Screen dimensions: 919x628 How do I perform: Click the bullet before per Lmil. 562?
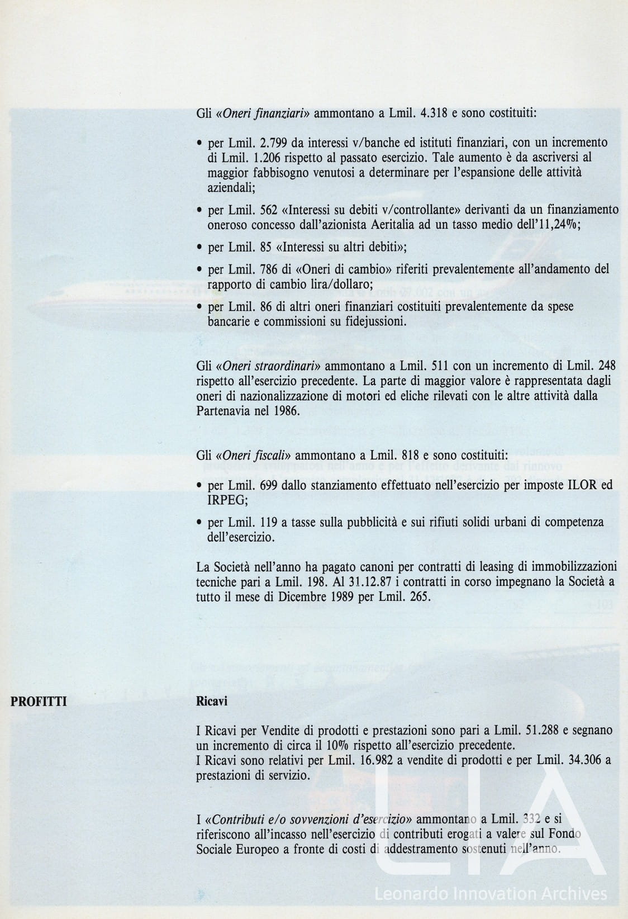[199, 210]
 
